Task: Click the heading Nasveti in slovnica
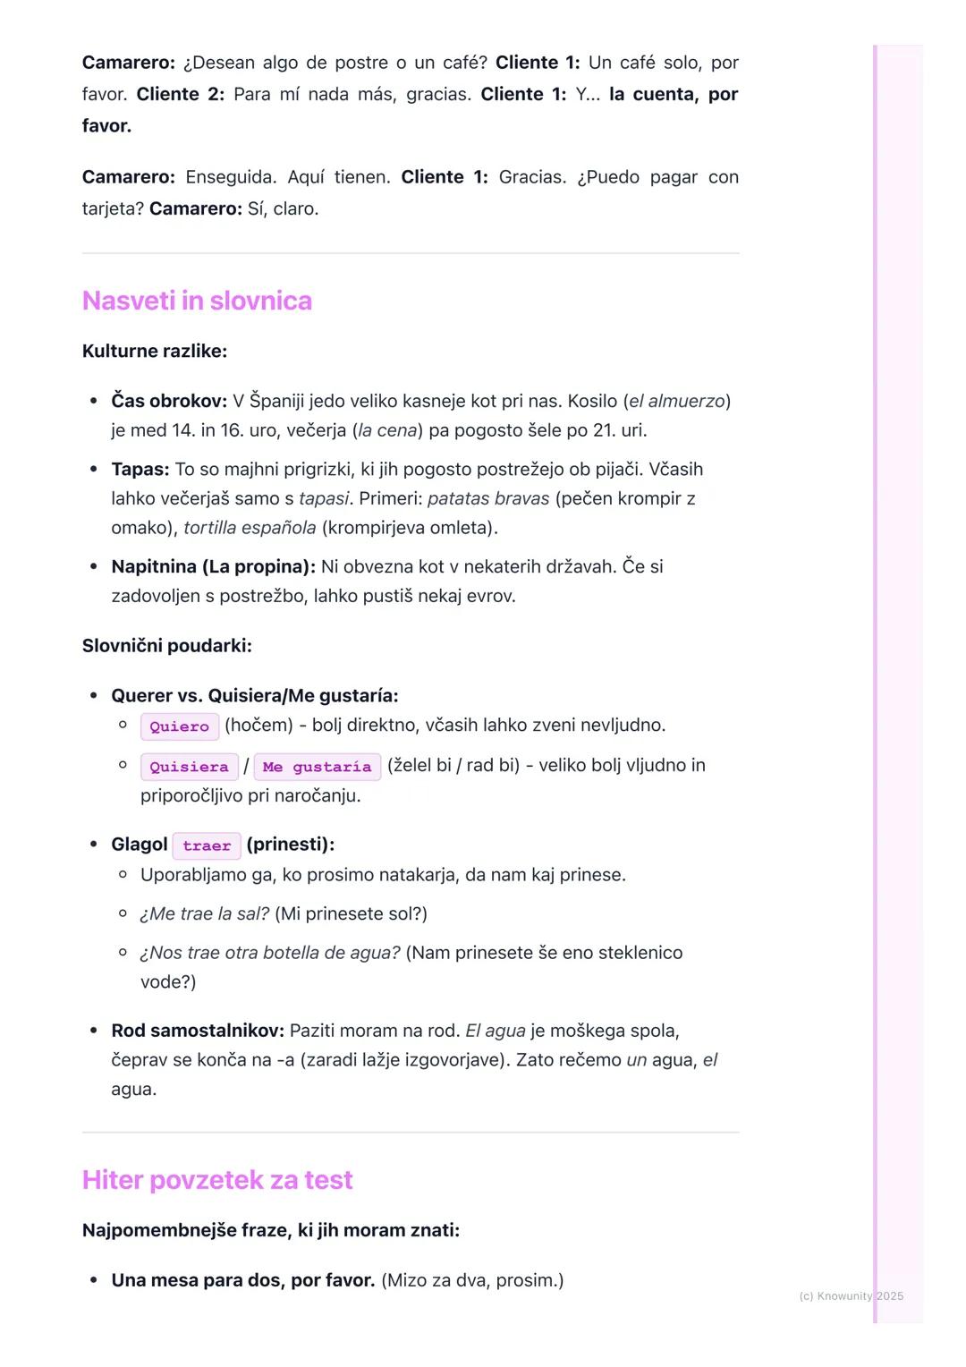(x=197, y=301)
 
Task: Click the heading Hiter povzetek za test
(x=217, y=1180)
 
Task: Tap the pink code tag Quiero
(x=179, y=726)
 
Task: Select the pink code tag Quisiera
(x=189, y=767)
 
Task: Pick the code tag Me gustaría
(x=317, y=767)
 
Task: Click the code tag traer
(x=207, y=845)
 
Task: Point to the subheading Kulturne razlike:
(x=155, y=351)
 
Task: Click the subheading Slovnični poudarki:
(x=167, y=645)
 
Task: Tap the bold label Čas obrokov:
(x=169, y=401)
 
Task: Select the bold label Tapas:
(x=140, y=469)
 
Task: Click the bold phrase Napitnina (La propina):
(x=213, y=566)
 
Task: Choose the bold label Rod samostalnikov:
(x=198, y=1031)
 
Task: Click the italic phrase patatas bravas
(x=488, y=498)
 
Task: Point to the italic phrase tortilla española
(x=250, y=528)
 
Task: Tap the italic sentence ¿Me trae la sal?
(x=205, y=913)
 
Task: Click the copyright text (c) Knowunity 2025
(x=851, y=1295)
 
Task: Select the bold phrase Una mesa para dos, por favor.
(x=243, y=1280)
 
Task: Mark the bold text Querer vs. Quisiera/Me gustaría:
(x=255, y=695)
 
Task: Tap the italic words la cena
(x=387, y=430)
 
